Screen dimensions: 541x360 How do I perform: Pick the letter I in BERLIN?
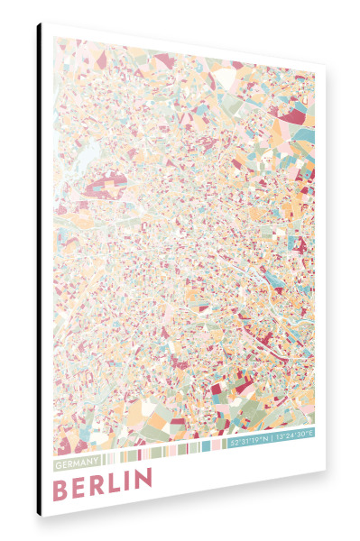tap(128, 481)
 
